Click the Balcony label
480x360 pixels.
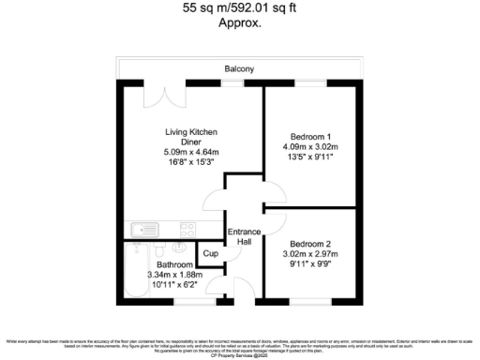tap(239, 68)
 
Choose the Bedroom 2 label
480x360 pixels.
tap(308, 242)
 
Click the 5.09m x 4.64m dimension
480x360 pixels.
tap(191, 152)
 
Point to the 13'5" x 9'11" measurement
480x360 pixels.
tap(308, 157)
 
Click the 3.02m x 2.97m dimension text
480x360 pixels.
tap(308, 253)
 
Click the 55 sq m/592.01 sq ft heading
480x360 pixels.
tap(239, 10)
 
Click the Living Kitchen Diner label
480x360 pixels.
tap(191, 137)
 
